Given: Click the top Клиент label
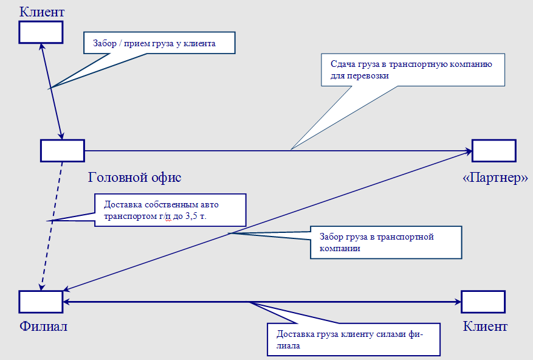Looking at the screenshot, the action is (x=42, y=12).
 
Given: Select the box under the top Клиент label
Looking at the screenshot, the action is (x=41, y=32).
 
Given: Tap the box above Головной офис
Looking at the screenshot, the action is (x=62, y=150).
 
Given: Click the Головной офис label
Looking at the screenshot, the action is (x=135, y=178).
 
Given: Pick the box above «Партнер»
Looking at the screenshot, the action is (x=493, y=150).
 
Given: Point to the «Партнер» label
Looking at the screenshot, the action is (x=494, y=179).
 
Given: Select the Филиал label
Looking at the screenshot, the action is (x=43, y=327).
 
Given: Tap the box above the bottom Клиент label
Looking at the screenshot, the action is (x=483, y=302).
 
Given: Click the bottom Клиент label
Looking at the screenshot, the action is (x=485, y=327).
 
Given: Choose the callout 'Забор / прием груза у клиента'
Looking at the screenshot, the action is (x=158, y=44).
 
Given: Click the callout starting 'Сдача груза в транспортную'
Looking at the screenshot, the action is (x=413, y=69).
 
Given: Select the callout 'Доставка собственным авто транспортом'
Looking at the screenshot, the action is (x=170, y=210).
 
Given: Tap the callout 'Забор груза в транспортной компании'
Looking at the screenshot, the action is (x=386, y=243).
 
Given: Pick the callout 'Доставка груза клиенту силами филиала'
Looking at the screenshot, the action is (x=353, y=338).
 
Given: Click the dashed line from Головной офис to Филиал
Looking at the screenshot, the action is (x=52, y=222).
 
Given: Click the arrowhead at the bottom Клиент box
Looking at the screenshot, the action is (x=457, y=302).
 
